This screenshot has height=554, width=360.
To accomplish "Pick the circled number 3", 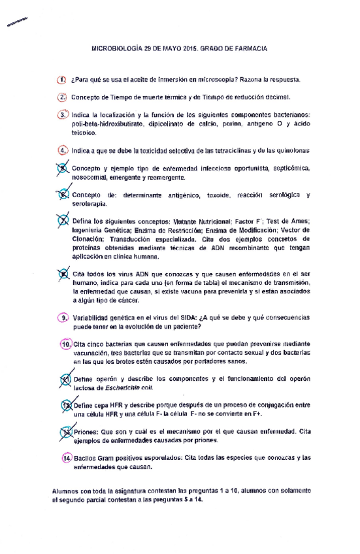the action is pyautogui.click(x=63, y=114).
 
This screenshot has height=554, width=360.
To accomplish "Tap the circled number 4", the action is pyautogui.click(x=63, y=150).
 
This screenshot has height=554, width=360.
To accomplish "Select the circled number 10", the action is pyautogui.click(x=65, y=344).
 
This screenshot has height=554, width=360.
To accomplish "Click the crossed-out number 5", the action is pyautogui.click(x=63, y=167).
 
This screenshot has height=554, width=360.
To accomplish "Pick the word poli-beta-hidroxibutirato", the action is pyautogui.click(x=106, y=123).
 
